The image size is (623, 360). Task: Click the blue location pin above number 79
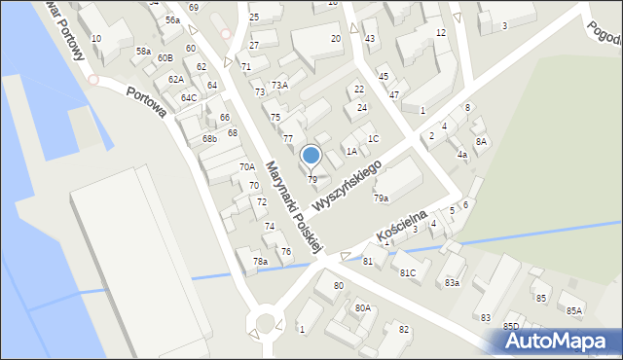pyautogui.click(x=311, y=155)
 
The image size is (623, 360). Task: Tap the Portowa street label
pyautogui.click(x=145, y=102)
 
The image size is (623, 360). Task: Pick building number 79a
pyautogui.click(x=381, y=198)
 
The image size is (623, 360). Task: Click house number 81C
pyautogui.click(x=408, y=272)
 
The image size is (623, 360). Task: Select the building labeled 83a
pyautogui.click(x=452, y=282)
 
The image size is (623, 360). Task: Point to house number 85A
pyautogui.click(x=574, y=310)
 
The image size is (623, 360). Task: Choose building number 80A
pyautogui.click(x=362, y=307)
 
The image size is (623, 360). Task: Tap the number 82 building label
pyautogui.click(x=403, y=329)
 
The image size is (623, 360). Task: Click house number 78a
pyautogui.click(x=260, y=261)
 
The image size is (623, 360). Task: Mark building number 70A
pyautogui.click(x=247, y=167)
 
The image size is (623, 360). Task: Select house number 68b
pyautogui.click(x=209, y=138)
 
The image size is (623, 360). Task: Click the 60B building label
pyautogui.click(x=165, y=58)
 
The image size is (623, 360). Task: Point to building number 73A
pyautogui.click(x=279, y=86)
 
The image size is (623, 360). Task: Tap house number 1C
pyautogui.click(x=373, y=138)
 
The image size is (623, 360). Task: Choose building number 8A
pyautogui.click(x=481, y=141)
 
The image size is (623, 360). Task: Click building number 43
pyautogui.click(x=369, y=38)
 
